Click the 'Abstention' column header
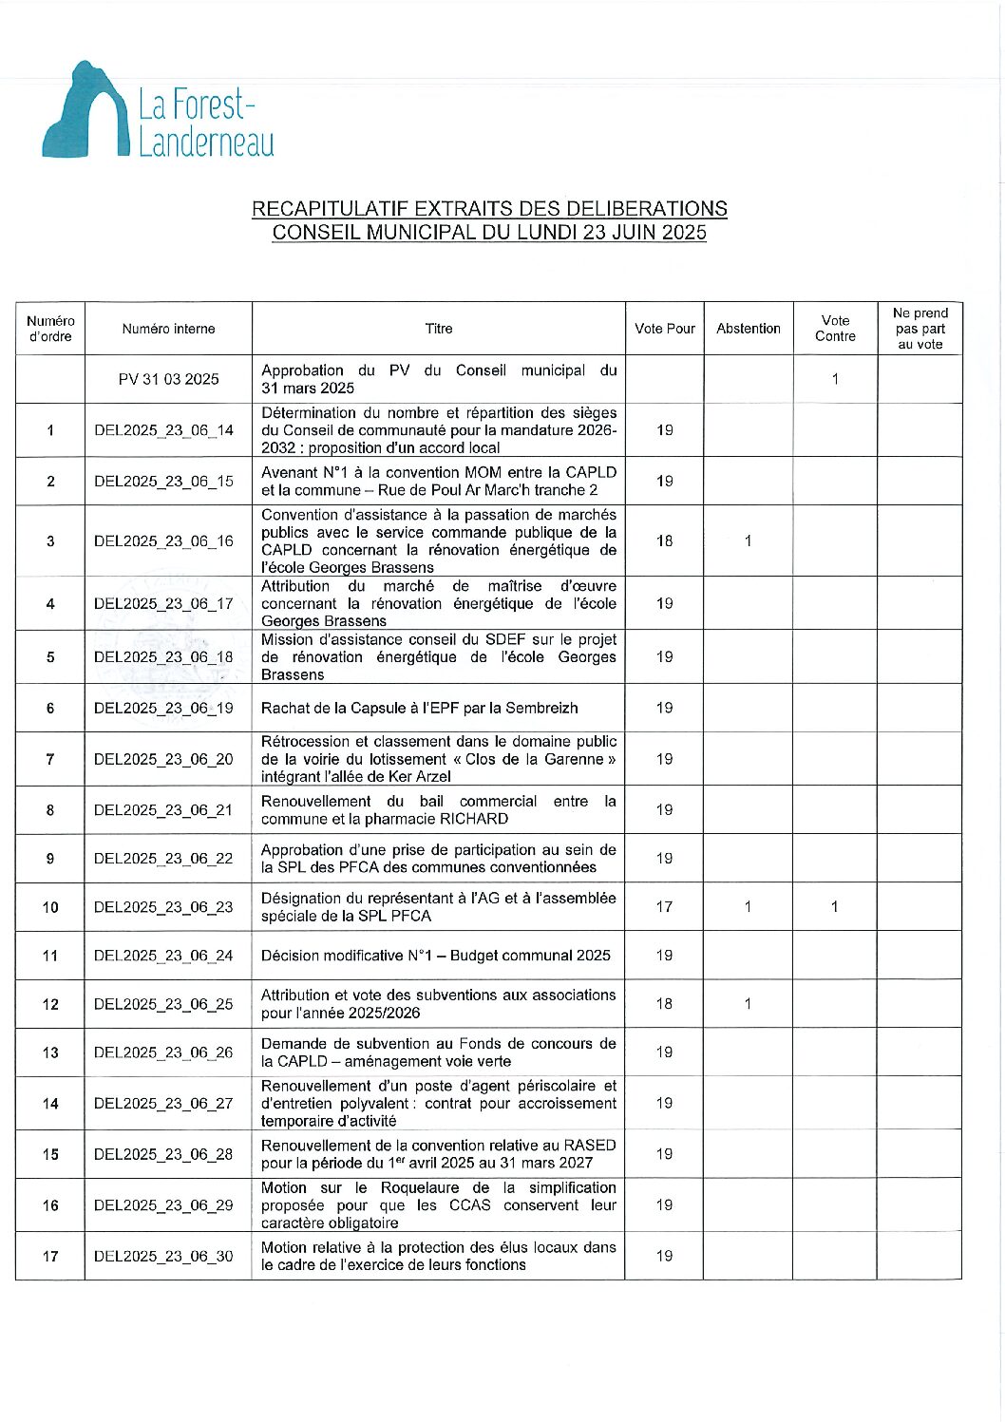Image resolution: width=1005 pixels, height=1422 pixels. tap(749, 329)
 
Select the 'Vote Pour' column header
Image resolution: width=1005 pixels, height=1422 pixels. tap(665, 329)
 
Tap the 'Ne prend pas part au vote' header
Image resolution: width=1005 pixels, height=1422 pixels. tap(920, 329)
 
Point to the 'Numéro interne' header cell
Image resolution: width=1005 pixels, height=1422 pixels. tap(168, 329)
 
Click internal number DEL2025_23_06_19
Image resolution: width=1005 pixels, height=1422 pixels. tap(163, 708)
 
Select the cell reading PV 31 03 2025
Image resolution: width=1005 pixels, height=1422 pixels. tap(168, 379)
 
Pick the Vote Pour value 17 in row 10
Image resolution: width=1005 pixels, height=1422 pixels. tap(665, 907)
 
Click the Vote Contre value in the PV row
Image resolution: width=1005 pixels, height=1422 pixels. tap(835, 379)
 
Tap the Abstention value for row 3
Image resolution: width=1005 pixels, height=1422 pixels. tap(749, 541)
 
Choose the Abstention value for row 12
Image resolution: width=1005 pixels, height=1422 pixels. tap(749, 1004)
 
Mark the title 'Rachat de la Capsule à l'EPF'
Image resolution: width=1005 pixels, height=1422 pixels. tap(419, 708)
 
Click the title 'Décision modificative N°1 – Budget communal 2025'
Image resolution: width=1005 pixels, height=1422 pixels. tap(435, 956)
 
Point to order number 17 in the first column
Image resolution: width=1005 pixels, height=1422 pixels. tap(50, 1256)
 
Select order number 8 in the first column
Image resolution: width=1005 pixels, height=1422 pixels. tap(50, 810)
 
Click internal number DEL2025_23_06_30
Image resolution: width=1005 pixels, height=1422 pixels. tap(163, 1256)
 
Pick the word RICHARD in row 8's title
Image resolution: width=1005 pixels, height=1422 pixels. tap(474, 819)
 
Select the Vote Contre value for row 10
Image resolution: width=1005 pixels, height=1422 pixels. tap(835, 907)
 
